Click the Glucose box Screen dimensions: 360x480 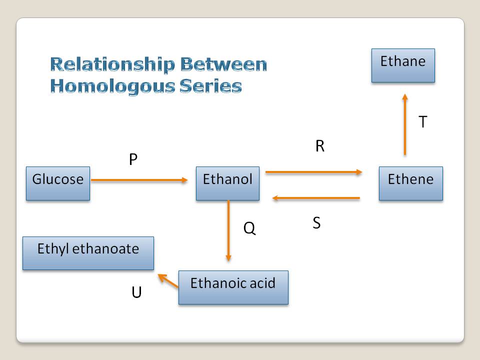point(58,183)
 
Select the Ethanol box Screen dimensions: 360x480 point(227,183)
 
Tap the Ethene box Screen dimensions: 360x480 point(410,183)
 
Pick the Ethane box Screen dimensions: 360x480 point(403,65)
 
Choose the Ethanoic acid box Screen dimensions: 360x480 point(233,287)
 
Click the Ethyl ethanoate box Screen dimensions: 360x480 point(88,253)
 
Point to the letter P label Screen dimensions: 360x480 point(133,159)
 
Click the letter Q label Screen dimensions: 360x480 point(249,228)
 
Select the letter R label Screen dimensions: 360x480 point(320,146)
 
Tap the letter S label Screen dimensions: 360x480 point(316,223)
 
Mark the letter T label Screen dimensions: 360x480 point(422,121)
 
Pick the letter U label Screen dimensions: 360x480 point(136,292)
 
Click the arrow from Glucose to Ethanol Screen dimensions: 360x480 point(140,180)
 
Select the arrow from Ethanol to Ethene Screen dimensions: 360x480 point(314,172)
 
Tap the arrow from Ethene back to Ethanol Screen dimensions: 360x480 point(316,198)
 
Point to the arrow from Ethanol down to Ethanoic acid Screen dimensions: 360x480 point(228,230)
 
